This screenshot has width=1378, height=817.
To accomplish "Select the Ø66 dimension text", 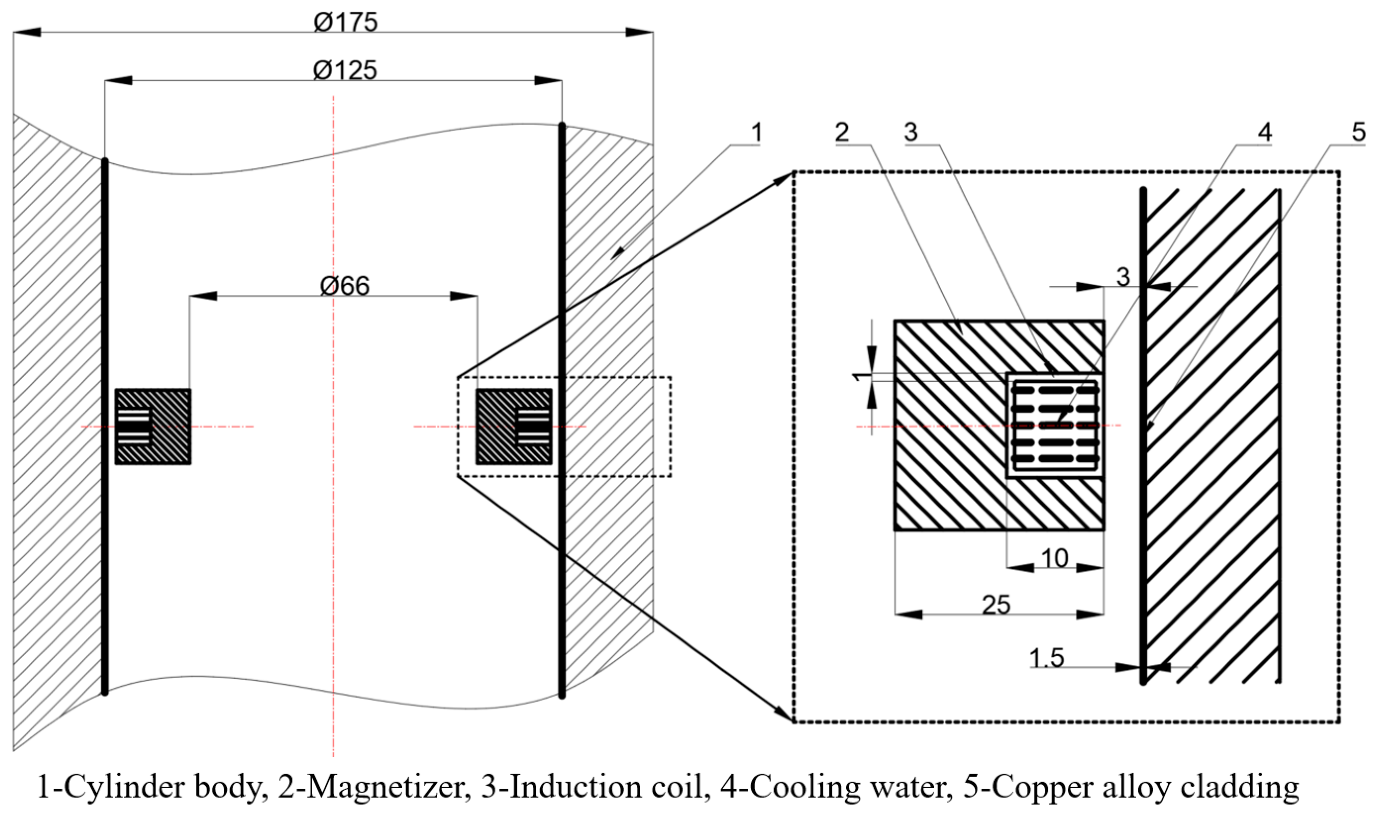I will (344, 285).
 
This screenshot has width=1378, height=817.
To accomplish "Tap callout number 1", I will (756, 132).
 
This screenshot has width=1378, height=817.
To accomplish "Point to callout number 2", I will (842, 132).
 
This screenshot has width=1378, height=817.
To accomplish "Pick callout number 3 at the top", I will (911, 132).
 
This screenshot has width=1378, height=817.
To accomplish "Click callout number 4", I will (1264, 132).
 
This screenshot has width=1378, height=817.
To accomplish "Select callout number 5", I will (1358, 132).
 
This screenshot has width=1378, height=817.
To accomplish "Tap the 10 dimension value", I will (1055, 559).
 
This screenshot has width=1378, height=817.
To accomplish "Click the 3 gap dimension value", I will (1123, 277).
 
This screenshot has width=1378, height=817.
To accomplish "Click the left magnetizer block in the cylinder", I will (153, 427).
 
